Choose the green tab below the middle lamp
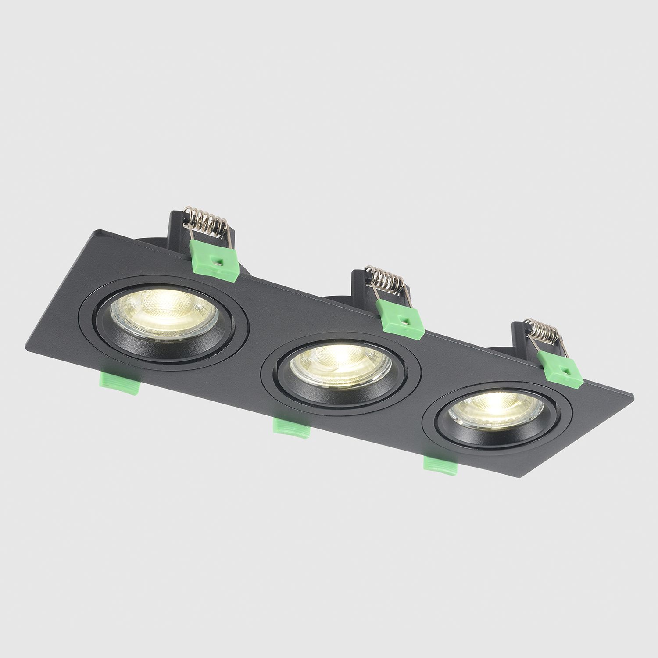(x=291, y=426)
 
